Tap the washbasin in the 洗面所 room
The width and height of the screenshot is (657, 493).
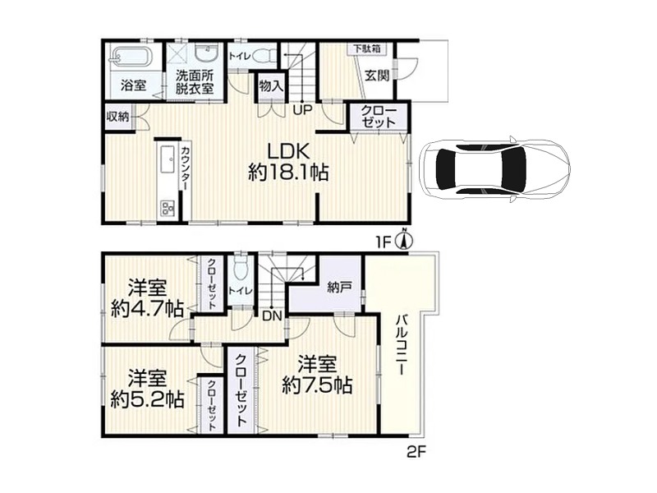[206, 54]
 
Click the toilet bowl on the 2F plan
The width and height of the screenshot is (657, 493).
[241, 269]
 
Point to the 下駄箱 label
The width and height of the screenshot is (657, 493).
[366, 48]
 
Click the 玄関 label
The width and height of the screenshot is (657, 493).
[377, 76]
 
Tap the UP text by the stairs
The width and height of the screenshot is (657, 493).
[302, 110]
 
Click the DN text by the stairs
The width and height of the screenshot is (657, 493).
[273, 316]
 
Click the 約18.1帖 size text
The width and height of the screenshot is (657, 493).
[288, 172]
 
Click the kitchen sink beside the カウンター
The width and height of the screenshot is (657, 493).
[168, 159]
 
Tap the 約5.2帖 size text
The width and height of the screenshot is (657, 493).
[147, 399]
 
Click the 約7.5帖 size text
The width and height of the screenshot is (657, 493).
[317, 385]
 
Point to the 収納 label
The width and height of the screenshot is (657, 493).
[117, 117]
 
